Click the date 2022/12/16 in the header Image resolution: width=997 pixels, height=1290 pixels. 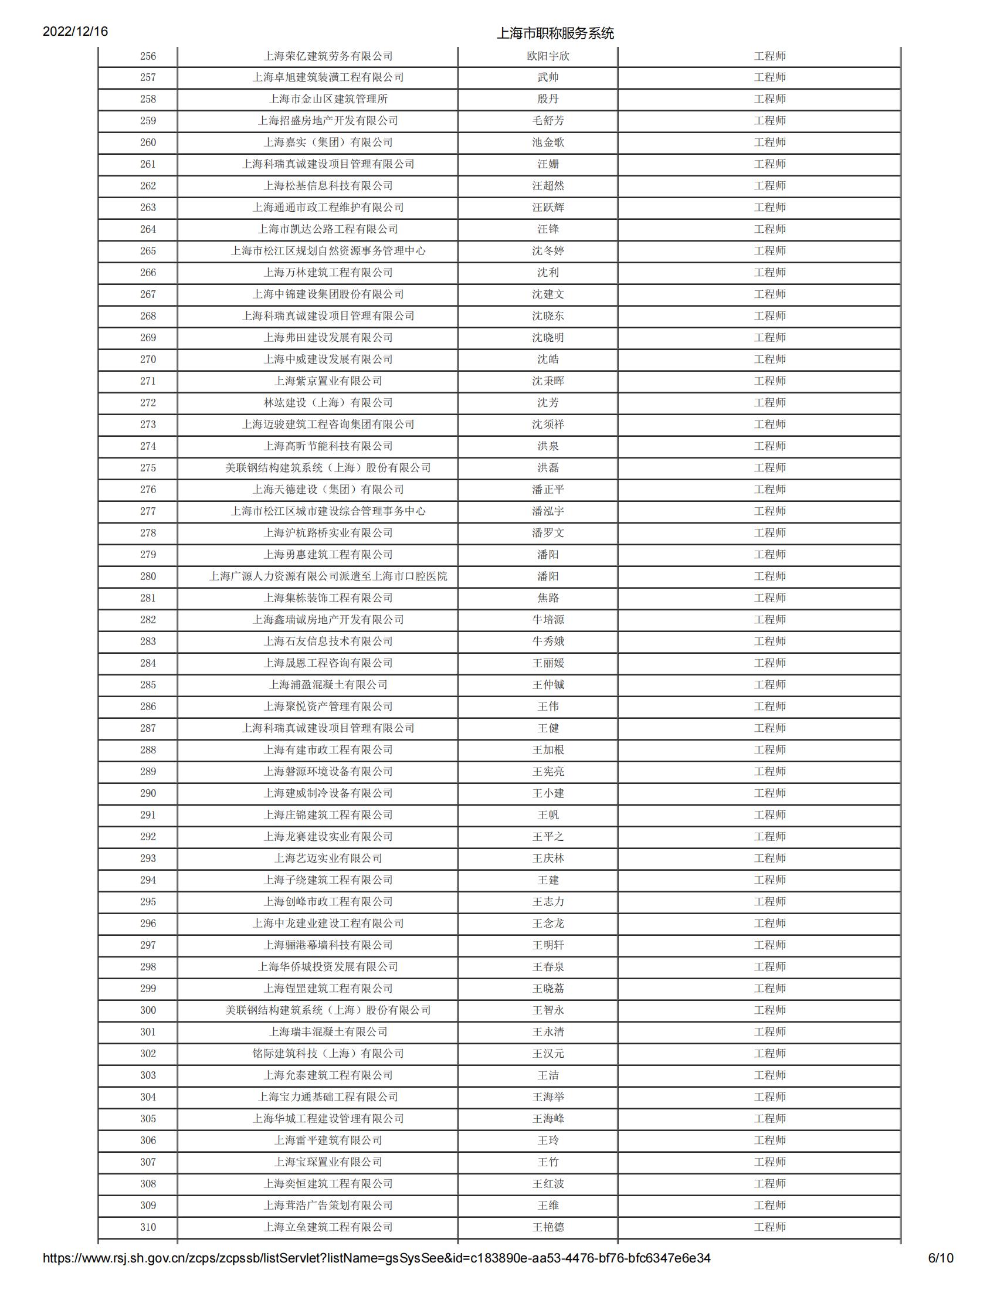pos(75,31)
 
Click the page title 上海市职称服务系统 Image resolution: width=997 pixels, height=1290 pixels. pos(555,33)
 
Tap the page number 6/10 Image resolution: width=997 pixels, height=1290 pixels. pos(940,1258)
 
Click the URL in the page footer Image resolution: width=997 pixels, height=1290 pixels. pos(377,1258)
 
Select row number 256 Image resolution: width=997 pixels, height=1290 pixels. pos(148,56)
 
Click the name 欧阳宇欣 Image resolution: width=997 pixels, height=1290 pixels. pos(548,56)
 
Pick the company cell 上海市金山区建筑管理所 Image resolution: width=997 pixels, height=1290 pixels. pos(328,99)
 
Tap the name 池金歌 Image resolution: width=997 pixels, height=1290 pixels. pos(548,142)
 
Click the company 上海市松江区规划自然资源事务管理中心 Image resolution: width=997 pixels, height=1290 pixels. pos(328,251)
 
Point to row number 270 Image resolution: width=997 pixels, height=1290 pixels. pos(148,359)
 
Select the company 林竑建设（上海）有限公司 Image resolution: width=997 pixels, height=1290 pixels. pos(328,403)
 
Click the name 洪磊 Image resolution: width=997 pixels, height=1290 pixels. pos(548,468)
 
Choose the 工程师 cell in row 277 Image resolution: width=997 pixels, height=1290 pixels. pos(769,511)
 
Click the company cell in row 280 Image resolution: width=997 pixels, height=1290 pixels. pos(328,576)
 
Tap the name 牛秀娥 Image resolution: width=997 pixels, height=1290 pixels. pos(548,641)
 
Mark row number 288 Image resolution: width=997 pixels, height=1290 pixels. pos(148,750)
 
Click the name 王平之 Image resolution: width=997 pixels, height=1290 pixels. pos(548,837)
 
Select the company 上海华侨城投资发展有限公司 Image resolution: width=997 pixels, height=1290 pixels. pos(328,967)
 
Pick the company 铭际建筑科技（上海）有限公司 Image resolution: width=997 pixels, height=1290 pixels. pos(328,1054)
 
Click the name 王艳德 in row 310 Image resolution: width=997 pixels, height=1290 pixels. pos(548,1227)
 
